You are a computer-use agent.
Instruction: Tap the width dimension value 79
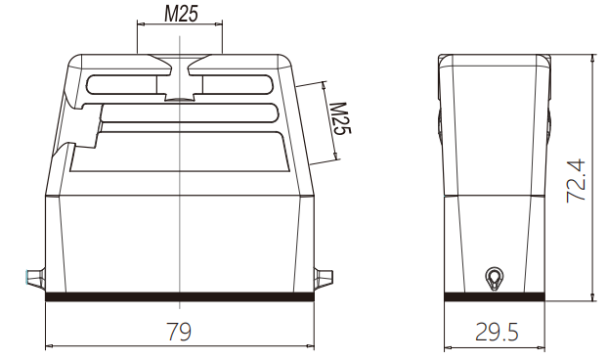click(x=178, y=332)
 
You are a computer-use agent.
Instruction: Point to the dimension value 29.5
click(x=497, y=333)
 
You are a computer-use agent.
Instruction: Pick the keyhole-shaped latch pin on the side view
click(x=496, y=278)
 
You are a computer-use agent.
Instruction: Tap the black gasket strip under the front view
click(x=179, y=296)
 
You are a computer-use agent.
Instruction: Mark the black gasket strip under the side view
click(x=496, y=296)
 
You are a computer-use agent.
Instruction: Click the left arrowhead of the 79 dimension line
click(x=50, y=345)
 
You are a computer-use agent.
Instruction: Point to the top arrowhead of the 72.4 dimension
click(x=591, y=58)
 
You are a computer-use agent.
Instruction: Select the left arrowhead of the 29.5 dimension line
click(x=449, y=345)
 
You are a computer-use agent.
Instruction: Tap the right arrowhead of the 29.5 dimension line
click(x=542, y=345)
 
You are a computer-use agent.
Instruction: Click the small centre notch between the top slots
click(x=179, y=97)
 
